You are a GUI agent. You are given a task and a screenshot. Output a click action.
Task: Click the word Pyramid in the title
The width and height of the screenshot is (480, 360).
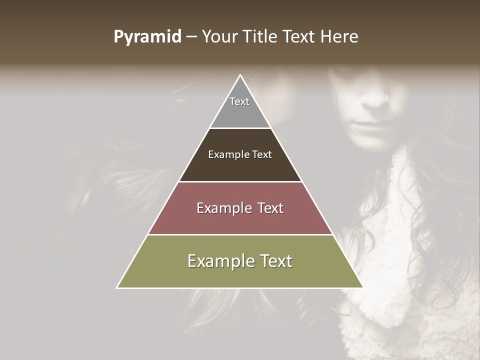[147, 37]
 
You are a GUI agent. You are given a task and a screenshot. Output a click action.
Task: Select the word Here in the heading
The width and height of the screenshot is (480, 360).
[339, 37]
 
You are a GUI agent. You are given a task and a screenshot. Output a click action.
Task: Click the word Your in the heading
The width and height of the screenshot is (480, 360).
[218, 37]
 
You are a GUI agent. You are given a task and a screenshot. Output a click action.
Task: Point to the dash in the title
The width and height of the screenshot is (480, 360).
[191, 37]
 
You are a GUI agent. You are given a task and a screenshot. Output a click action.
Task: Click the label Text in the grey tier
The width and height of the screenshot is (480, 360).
[239, 101]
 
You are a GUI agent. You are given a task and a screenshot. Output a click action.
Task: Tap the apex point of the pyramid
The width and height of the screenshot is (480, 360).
[240, 76]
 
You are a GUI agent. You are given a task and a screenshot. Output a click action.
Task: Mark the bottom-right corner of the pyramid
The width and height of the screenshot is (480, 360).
[362, 287]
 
